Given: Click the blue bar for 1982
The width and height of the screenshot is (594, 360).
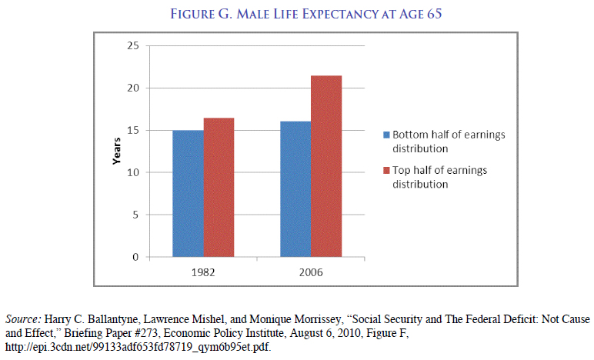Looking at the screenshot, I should pos(189,194).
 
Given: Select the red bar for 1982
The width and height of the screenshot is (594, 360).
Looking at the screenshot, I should pos(219,188).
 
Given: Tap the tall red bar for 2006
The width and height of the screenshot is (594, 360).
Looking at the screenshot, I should pos(326,166).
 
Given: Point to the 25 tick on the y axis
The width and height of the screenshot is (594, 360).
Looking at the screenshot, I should pos(134,46).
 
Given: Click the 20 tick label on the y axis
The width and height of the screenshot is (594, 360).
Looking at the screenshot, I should pos(134,88).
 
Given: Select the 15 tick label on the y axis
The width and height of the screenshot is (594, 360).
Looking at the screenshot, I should pos(134,130).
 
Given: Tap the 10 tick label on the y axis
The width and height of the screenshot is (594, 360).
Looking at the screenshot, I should pos(134,172).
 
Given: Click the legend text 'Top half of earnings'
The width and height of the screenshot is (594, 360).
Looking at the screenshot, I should pos(439,171).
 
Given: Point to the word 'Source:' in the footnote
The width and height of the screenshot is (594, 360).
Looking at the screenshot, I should pos(24,318).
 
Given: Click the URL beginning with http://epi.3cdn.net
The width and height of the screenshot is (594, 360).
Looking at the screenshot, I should pos(138,346).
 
